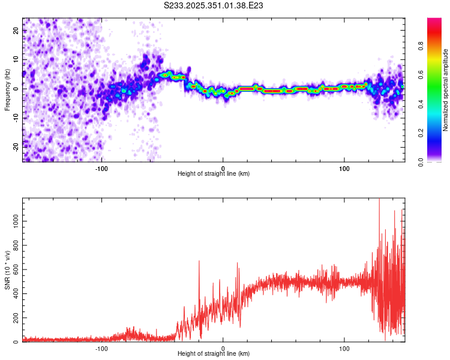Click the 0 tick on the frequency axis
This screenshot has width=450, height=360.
(16, 88)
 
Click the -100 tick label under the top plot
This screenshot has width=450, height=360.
(101, 167)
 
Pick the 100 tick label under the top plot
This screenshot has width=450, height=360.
(344, 167)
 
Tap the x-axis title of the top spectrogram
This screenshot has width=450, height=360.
(214, 174)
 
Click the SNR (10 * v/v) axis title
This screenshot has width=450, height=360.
(7, 270)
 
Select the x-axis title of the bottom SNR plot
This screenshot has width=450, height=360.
(214, 353)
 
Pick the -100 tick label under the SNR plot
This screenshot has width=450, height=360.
(101, 347)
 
